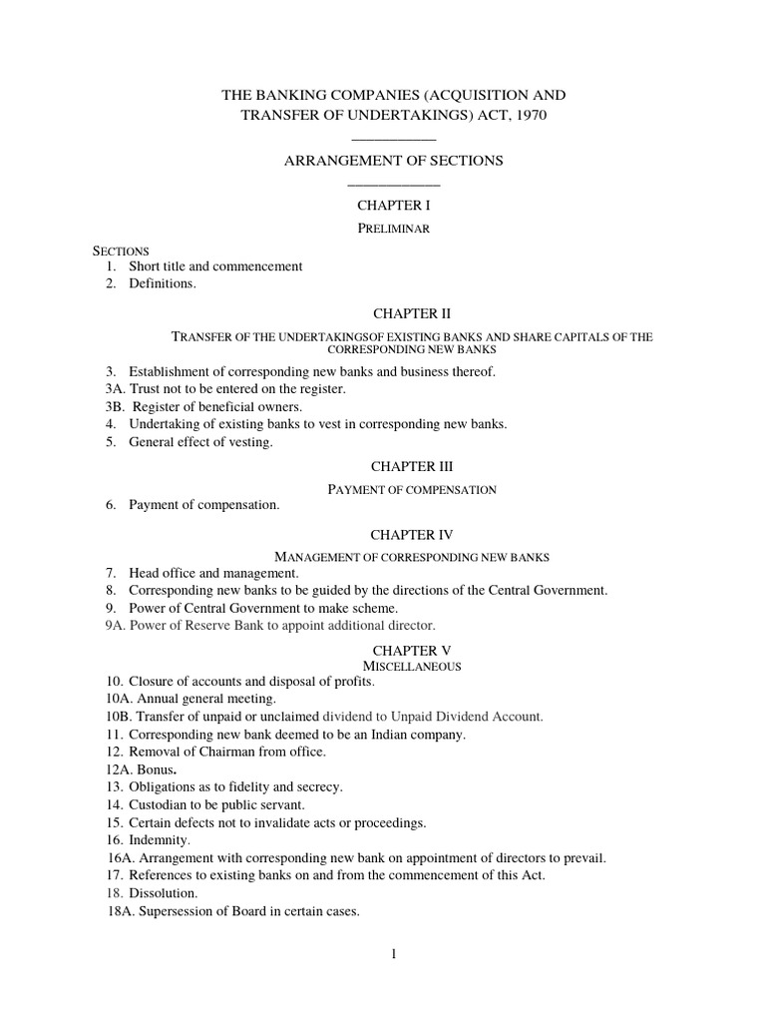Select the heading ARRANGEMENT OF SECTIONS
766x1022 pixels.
point(393,160)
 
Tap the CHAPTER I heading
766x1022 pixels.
point(393,205)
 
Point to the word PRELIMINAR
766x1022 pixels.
point(393,229)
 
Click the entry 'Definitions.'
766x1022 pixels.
point(163,283)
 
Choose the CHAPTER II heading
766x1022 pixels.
point(393,312)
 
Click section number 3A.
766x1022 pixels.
point(115,388)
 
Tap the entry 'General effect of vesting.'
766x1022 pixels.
point(200,442)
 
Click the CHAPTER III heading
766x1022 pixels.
point(393,466)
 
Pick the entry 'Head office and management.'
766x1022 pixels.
point(213,573)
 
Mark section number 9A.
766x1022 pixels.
point(115,626)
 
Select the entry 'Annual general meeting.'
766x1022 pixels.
point(200,699)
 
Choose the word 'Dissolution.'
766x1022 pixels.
point(163,893)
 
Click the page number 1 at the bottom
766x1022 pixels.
point(394,954)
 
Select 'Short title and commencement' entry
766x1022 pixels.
point(215,266)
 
